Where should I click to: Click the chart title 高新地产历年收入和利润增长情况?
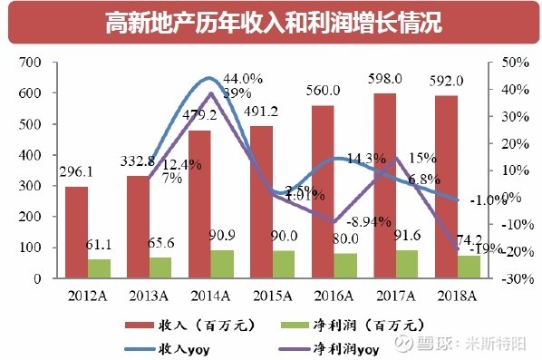[271, 22]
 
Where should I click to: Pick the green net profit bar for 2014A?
[223, 264]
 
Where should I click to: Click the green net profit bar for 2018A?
[469, 267]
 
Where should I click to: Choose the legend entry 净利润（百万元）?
[363, 324]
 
